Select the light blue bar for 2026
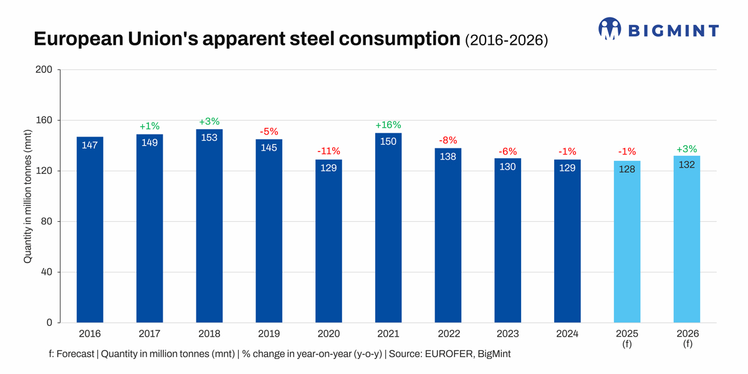click(687, 239)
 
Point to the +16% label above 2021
click(388, 125)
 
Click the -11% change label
click(328, 151)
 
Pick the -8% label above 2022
click(448, 140)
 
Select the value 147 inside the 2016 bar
click(90, 145)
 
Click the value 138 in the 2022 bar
click(448, 156)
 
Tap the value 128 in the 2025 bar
click(627, 169)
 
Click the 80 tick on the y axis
click(46, 222)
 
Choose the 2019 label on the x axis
click(269, 333)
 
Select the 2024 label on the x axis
click(567, 333)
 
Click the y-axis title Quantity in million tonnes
click(28, 197)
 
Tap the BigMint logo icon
click(610, 29)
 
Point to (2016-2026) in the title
click(507, 40)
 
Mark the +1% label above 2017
click(150, 126)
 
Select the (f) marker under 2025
click(627, 343)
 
